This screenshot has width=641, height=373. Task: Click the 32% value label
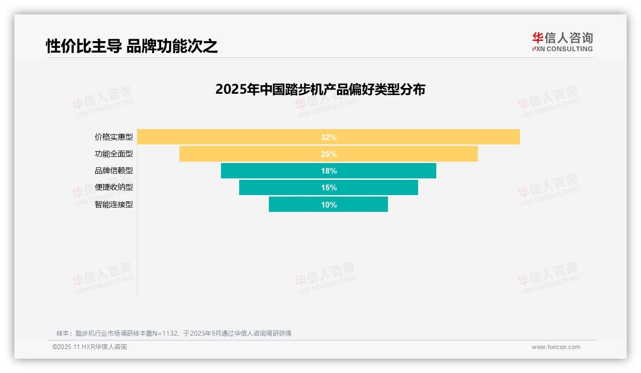[329, 137]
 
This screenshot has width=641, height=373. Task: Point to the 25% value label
[329, 154]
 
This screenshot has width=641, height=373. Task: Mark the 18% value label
[329, 171]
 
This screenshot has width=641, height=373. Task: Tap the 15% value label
[329, 187]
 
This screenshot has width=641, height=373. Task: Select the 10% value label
[329, 205]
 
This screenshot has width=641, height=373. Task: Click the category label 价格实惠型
[114, 137]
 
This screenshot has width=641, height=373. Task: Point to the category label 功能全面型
[114, 154]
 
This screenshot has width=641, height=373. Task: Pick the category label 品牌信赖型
[114, 171]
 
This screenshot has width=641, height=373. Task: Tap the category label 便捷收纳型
[114, 187]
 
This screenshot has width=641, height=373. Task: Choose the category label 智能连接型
[114, 205]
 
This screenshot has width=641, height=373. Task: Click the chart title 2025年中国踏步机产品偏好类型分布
[320, 89]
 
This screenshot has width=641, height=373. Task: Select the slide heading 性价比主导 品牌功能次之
[132, 46]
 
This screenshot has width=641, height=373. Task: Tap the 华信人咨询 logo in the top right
[562, 42]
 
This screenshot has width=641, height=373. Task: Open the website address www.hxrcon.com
[555, 347]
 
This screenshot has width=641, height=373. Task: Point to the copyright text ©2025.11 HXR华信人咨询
[89, 347]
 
